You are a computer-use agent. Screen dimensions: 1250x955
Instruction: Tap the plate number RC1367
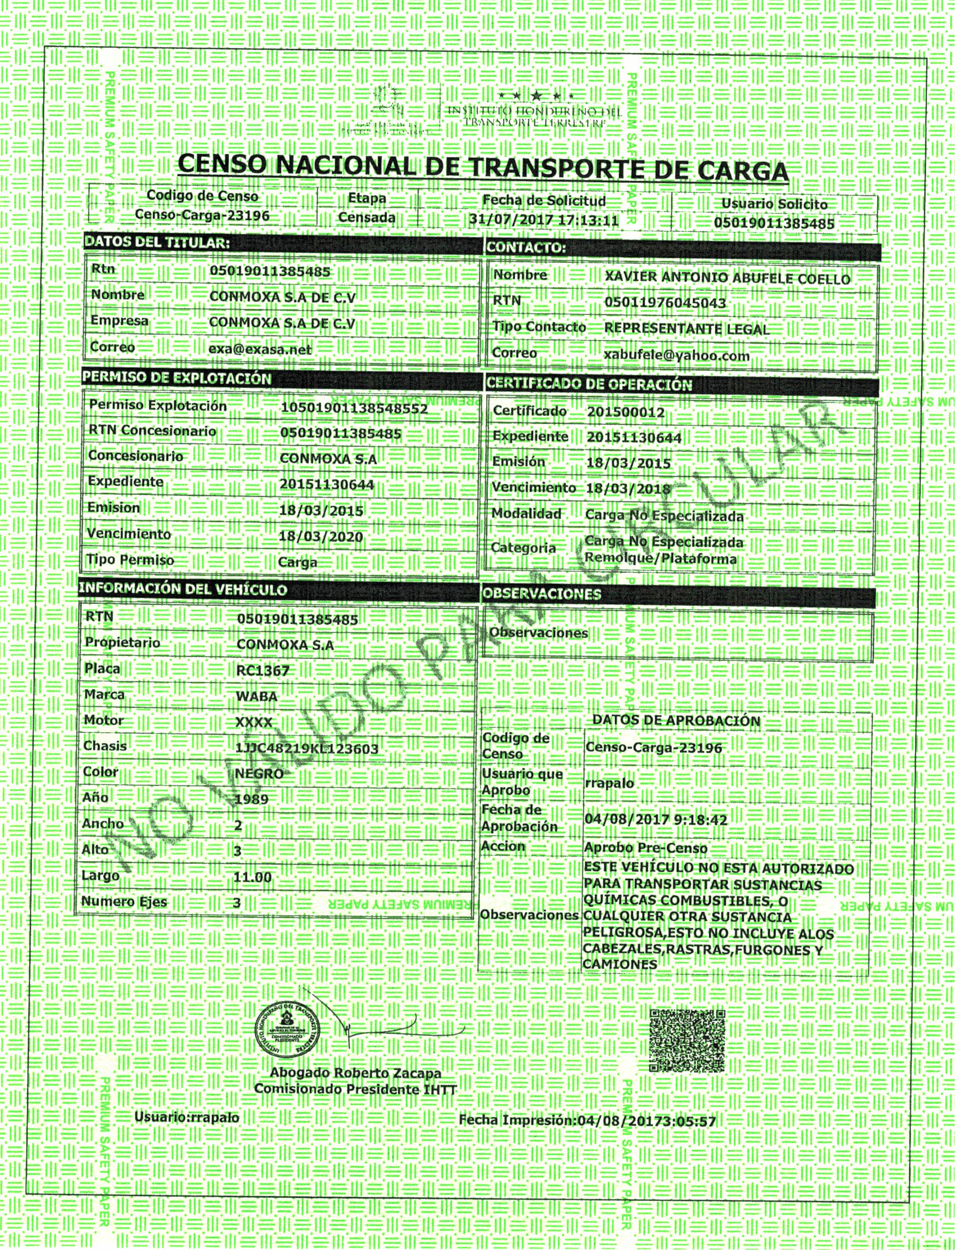(263, 671)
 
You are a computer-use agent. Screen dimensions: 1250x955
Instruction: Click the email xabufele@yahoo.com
(677, 356)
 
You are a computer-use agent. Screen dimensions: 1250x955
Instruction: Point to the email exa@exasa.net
(260, 349)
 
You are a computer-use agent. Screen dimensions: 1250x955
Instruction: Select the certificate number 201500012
(625, 412)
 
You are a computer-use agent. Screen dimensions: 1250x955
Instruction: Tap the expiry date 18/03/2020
(321, 536)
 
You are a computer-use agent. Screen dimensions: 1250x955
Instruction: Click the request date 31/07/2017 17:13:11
(544, 220)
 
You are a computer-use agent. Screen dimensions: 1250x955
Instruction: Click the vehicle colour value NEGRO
(259, 774)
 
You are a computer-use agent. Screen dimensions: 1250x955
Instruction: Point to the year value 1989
(251, 800)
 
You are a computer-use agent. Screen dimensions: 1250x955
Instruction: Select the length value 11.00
(252, 877)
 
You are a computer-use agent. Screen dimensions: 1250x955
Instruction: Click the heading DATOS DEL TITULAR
(158, 242)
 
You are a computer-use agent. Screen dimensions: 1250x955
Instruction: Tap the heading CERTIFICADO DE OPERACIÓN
(589, 384)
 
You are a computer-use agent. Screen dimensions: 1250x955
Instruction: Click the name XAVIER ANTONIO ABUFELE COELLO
(727, 278)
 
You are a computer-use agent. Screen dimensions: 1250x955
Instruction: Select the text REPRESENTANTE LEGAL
(686, 329)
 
